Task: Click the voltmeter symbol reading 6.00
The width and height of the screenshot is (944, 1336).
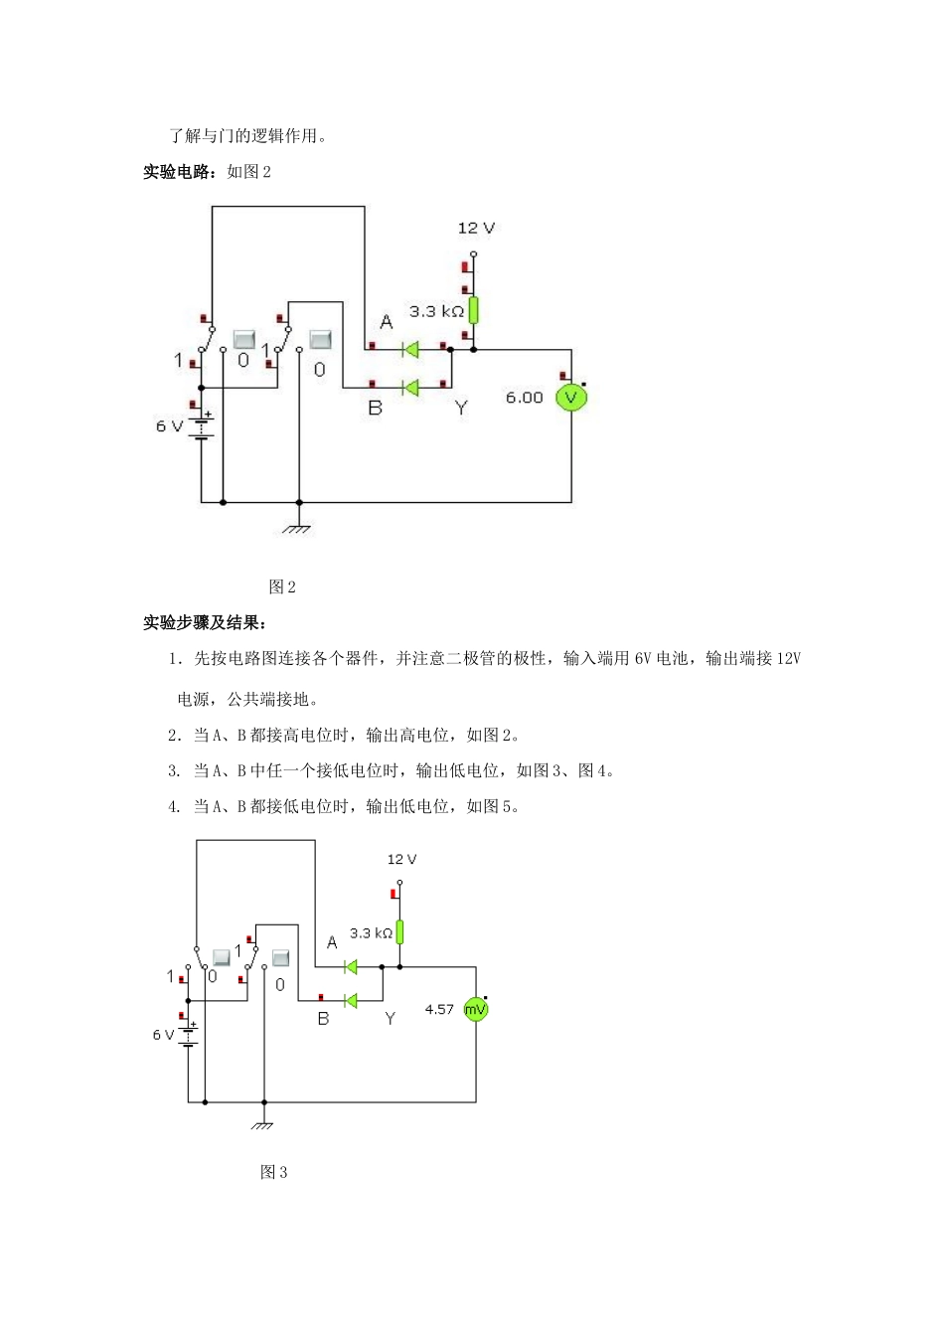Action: [x=571, y=398]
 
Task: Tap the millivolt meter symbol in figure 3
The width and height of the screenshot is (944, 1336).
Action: [x=476, y=1009]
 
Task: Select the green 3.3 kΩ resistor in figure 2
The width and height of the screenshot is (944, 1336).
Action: [x=473, y=310]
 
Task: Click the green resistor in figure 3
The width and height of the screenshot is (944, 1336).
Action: [x=399, y=932]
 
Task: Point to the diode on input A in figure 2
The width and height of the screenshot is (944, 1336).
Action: [x=408, y=349]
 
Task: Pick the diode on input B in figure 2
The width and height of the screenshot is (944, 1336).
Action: [x=408, y=387]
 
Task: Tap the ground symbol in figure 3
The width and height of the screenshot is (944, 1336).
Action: [x=262, y=1124]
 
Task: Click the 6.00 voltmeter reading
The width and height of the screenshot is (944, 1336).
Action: [x=524, y=398]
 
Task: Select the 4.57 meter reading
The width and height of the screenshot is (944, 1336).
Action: [x=438, y=1009]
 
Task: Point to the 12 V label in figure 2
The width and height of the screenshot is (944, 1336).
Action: [x=476, y=228]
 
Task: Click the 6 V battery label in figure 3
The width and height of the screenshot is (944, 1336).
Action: [x=163, y=1035]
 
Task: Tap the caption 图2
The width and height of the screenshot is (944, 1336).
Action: [x=282, y=586]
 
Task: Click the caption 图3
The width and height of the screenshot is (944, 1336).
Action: [x=273, y=1172]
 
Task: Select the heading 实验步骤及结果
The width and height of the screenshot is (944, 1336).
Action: [x=204, y=623]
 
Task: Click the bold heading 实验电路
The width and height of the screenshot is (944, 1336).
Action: [x=179, y=172]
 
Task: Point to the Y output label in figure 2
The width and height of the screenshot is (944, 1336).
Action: [x=461, y=408]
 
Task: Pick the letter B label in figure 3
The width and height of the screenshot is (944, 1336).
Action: [x=323, y=1019]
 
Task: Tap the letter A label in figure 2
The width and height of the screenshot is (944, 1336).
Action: [x=387, y=321]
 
